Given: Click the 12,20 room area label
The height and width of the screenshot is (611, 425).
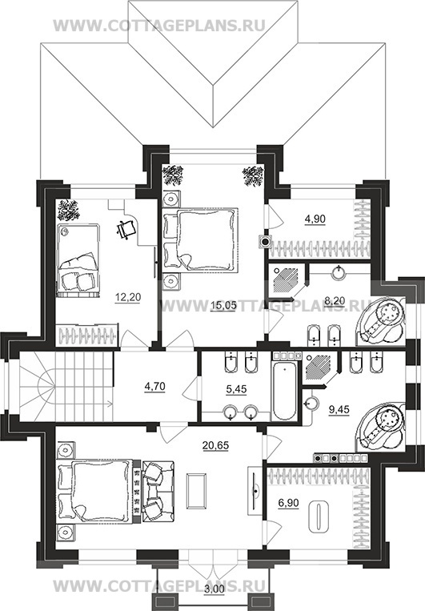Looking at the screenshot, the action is point(128,298).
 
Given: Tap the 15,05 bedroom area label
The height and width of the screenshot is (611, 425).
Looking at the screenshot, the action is point(223,306).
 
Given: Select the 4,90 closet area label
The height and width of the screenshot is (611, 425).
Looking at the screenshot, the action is point(315,219).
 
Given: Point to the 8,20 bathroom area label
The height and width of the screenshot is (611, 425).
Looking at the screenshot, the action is point(335,300).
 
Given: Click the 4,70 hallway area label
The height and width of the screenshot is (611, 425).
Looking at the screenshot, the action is point(154,387).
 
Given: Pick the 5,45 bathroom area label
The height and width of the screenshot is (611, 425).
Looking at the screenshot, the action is point(236,389).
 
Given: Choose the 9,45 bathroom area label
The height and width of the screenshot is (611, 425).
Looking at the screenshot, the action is point(339,409).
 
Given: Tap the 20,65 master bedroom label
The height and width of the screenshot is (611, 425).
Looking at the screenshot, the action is point(216,445).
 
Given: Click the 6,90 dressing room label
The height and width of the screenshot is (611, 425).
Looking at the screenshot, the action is point(288,503).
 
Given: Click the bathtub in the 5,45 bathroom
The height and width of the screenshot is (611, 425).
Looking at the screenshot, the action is point(284,391).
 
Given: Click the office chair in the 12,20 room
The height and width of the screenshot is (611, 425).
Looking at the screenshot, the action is point(126,228).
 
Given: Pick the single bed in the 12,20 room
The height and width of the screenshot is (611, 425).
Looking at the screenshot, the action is point(78,260).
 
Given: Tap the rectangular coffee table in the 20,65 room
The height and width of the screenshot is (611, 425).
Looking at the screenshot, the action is point(197,490).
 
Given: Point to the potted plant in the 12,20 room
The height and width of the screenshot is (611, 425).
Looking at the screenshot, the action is point(69,210).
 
